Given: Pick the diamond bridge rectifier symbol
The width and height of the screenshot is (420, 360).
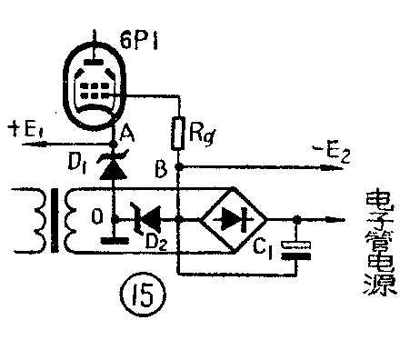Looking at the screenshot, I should pos(234,218).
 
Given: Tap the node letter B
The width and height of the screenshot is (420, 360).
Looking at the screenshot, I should pos(162,169).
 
